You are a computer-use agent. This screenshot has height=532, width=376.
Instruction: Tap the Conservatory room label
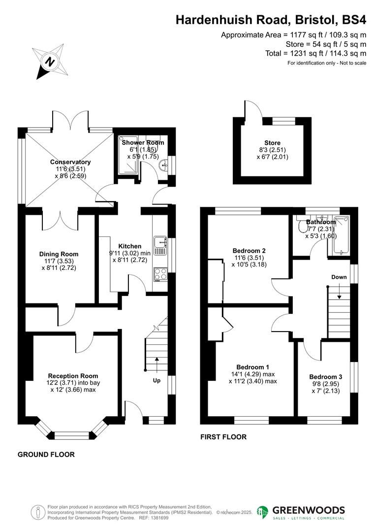pos(70,162)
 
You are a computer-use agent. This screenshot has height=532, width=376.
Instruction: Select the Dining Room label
pos(59,254)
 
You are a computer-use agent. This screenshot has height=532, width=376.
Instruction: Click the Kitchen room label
pos(129,246)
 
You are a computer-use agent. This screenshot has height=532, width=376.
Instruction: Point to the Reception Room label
pos(73,376)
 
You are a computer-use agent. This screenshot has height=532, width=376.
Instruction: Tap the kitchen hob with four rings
pos(160,274)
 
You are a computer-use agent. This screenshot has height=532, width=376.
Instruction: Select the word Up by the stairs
pos(157,381)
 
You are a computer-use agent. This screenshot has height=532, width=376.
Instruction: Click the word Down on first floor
pos(339,277)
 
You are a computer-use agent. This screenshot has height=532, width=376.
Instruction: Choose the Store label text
pos(272,143)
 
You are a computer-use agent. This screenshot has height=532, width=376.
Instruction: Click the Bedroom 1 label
pos(253,367)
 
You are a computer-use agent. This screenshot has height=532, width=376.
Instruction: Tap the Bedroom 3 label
pos(326,377)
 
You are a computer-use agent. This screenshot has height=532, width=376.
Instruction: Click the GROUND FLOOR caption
pos(46,455)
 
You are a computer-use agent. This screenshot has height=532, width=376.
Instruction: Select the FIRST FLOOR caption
pos(223,437)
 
